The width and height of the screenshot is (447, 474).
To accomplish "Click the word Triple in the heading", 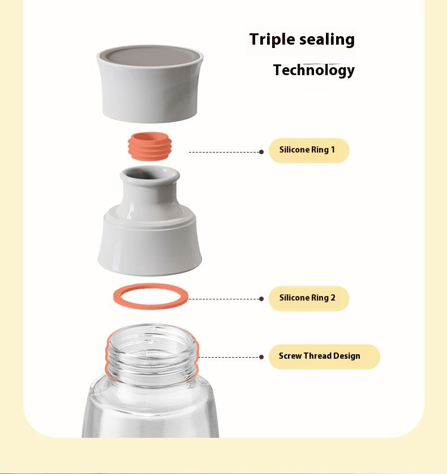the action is tap(272, 40).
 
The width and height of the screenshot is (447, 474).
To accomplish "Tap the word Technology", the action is tap(313, 71).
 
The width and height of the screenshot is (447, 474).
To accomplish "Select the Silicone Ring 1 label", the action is tap(309, 150).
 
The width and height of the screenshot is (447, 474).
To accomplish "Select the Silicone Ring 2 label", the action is tap(309, 298).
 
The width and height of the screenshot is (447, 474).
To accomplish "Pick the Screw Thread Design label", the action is tap(324, 356).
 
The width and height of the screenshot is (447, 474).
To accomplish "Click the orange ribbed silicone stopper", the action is tap(150, 146).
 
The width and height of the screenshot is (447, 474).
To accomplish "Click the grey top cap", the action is tap(150, 84).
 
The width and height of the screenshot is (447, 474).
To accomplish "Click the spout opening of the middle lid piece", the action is tap(150, 175).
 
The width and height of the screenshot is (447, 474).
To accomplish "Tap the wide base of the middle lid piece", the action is tap(150, 245).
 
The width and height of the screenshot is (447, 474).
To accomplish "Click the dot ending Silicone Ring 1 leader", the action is tap(261, 152).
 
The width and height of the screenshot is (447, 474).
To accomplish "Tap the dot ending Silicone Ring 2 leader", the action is tap(261, 299).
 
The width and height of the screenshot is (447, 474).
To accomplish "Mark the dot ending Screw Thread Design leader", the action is tap(261, 357).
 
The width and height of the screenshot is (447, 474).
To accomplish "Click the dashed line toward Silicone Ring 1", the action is tap(224, 152).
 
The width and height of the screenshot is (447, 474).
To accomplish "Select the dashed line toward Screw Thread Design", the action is tap(229, 357).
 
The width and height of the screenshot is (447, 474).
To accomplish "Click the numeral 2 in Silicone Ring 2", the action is tap(333, 298).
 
